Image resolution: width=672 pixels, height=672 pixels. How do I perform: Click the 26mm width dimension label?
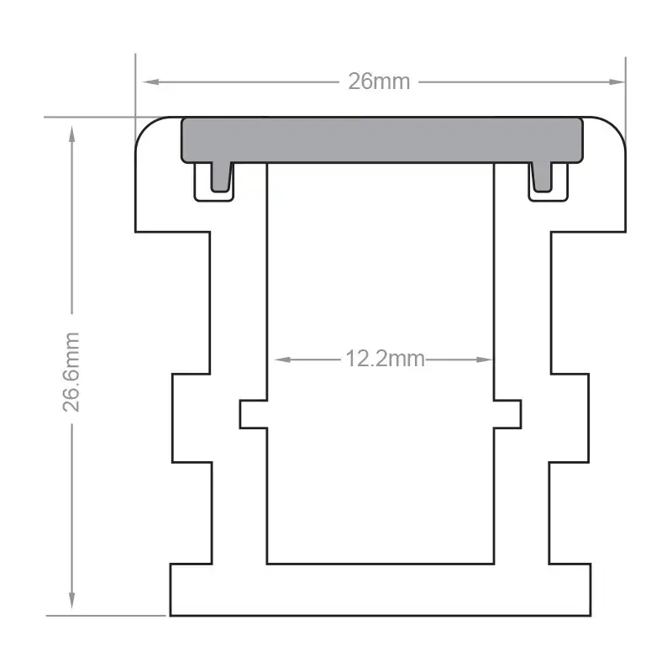click(x=379, y=81)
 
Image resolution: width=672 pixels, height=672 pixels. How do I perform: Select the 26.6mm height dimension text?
click(x=72, y=370)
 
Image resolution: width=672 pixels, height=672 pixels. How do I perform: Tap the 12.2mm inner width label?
click(x=384, y=360)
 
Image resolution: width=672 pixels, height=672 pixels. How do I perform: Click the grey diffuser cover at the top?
click(x=382, y=139)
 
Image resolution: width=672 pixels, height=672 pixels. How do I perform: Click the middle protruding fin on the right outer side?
click(x=569, y=417)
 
